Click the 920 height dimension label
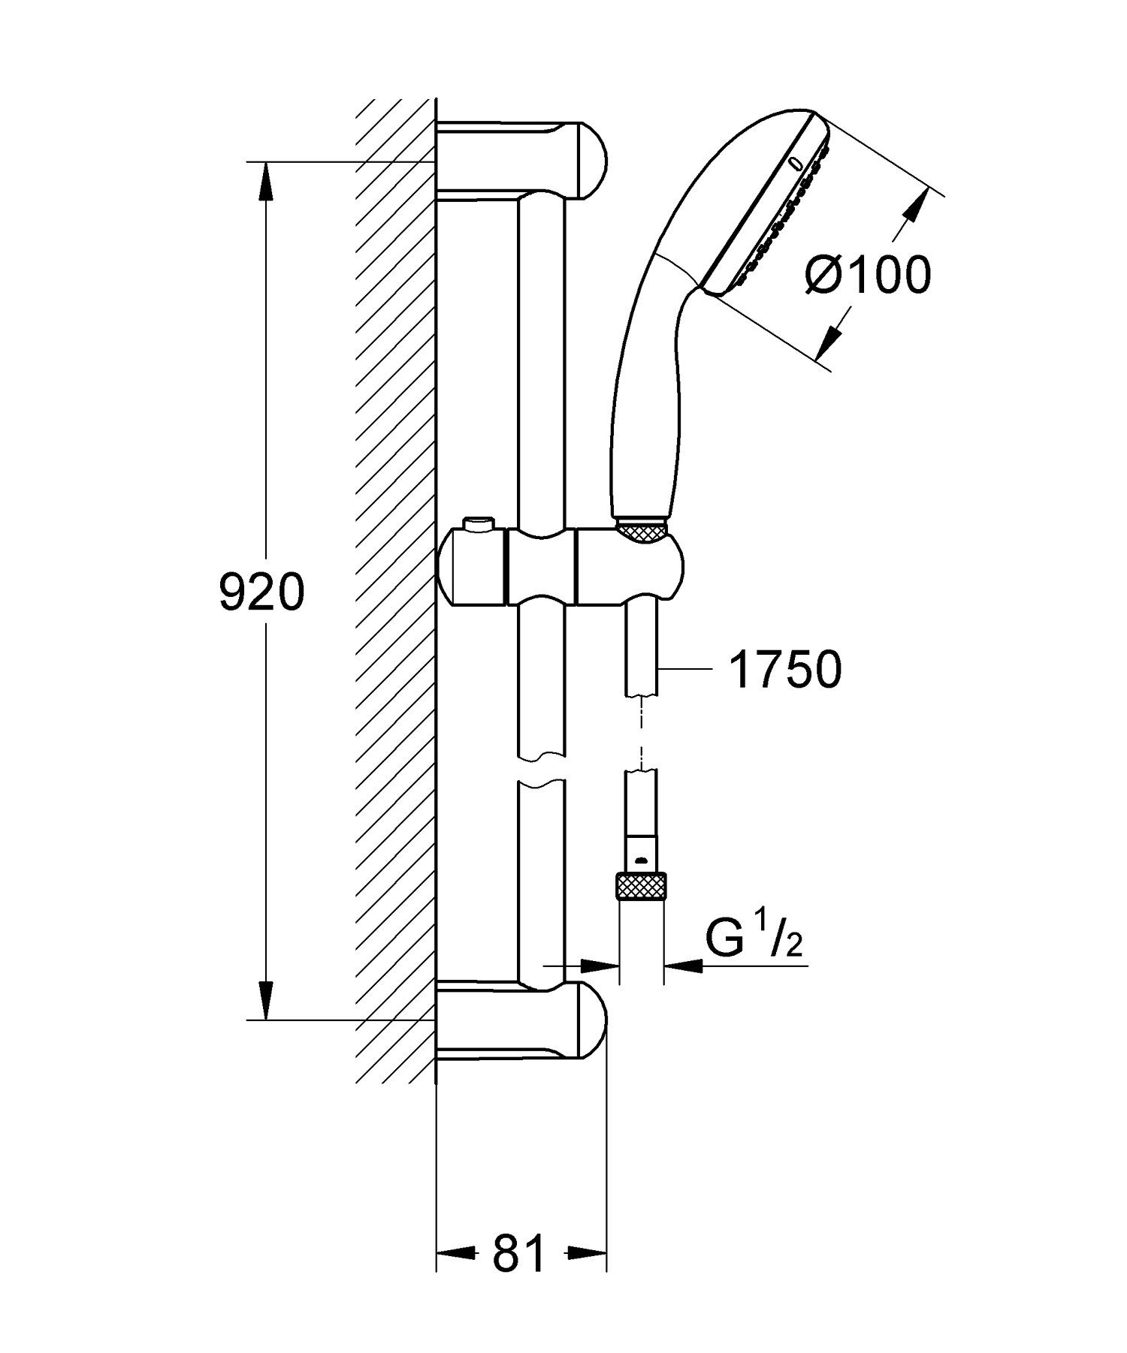(261, 592)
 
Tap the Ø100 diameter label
(867, 274)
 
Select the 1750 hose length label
(784, 670)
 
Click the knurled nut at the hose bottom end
(641, 886)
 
